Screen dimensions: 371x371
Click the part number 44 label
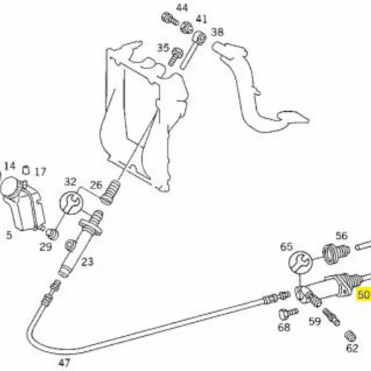click(x=182, y=8)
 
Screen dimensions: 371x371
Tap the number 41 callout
click(x=201, y=19)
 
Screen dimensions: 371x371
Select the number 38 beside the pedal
click(x=217, y=32)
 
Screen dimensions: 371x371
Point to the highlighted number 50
click(x=364, y=295)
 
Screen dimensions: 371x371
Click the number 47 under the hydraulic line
click(x=65, y=363)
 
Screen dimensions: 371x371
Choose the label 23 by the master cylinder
click(x=88, y=262)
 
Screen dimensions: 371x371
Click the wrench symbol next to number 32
click(x=71, y=203)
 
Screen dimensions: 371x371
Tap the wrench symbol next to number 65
click(x=301, y=263)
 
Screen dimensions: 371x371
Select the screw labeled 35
click(x=176, y=56)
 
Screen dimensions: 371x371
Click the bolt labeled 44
click(x=169, y=19)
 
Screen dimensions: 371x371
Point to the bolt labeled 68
click(x=289, y=313)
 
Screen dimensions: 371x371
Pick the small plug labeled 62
click(x=350, y=336)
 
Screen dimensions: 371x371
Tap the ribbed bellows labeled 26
click(x=111, y=192)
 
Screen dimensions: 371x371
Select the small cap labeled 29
click(x=53, y=234)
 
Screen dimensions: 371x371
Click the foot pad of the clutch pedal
click(x=293, y=117)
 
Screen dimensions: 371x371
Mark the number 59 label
click(x=315, y=321)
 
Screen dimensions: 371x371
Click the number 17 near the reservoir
click(x=40, y=172)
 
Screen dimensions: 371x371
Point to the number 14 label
click(x=10, y=166)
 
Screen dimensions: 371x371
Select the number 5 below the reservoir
click(x=9, y=235)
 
